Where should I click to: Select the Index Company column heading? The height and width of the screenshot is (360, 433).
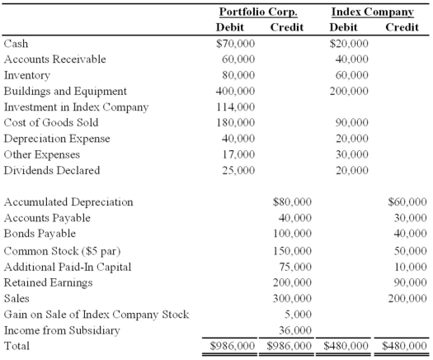tap(372, 12)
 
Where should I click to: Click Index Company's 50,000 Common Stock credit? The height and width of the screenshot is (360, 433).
tap(410, 250)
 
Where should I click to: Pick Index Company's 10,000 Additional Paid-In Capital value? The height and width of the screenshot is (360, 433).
tap(410, 266)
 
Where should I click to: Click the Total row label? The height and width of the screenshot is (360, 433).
tap(17, 345)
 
